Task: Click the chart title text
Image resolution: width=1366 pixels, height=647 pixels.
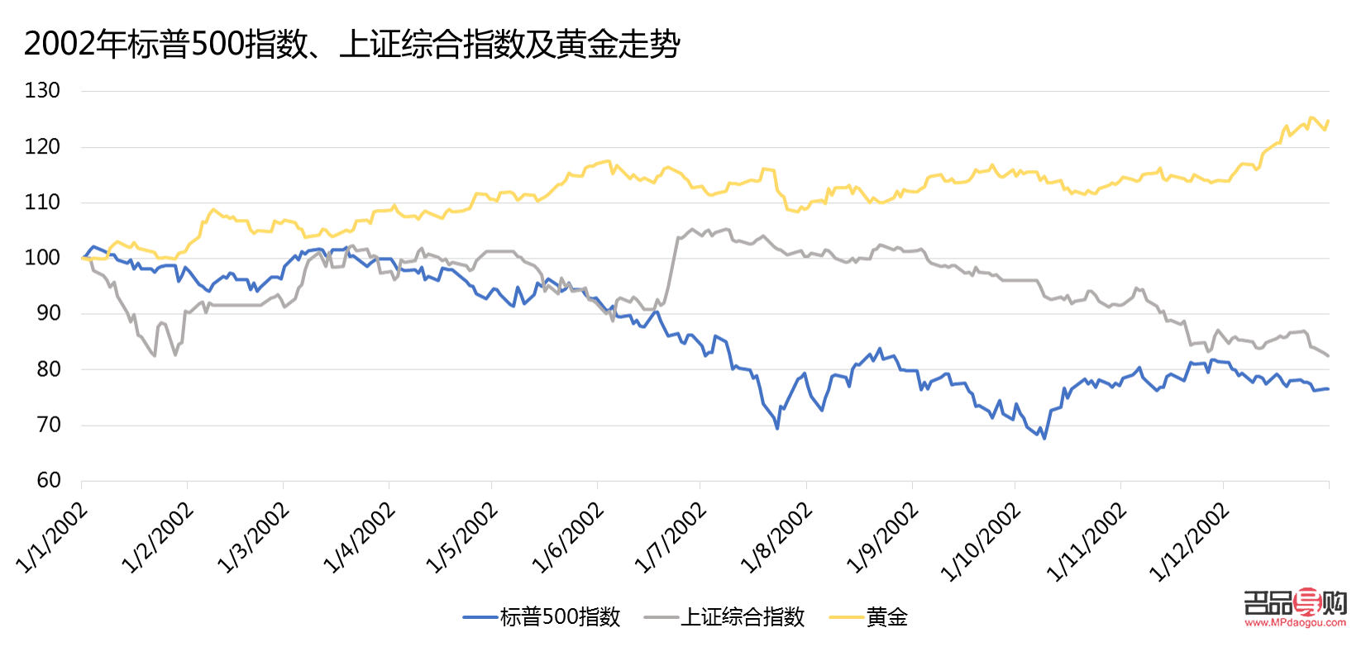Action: (x=351, y=44)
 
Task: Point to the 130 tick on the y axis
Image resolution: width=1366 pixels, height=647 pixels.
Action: (x=42, y=91)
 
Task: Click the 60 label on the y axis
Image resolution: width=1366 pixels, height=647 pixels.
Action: (x=48, y=480)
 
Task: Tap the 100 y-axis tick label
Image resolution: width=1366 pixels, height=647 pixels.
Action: (x=42, y=258)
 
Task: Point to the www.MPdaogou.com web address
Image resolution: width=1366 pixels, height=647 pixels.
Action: (x=1295, y=624)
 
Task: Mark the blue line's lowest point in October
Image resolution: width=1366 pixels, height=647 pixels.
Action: (x=1044, y=438)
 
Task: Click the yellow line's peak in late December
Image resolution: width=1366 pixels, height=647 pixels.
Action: (x=1311, y=118)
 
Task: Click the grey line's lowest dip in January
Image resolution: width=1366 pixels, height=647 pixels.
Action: (x=155, y=355)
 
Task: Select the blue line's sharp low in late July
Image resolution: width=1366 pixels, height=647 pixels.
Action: (x=777, y=427)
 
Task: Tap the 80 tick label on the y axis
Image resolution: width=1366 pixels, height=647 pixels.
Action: (x=48, y=369)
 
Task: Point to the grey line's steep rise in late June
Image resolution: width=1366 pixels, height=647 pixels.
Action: (x=672, y=264)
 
